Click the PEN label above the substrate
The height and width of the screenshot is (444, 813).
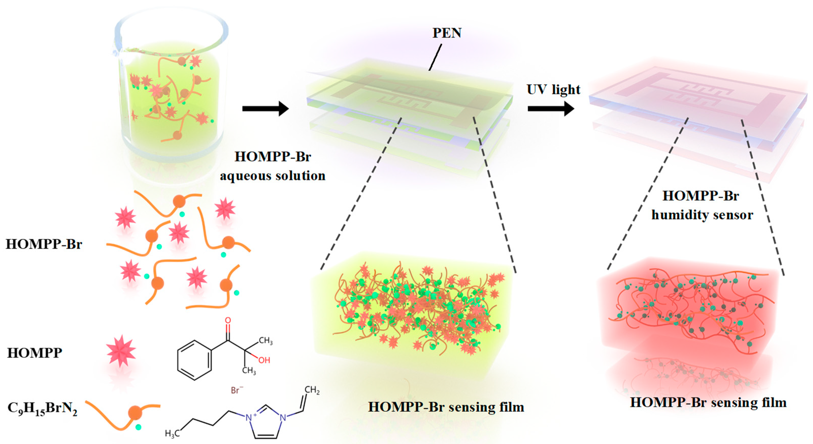click(446, 33)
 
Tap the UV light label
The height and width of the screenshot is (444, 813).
click(553, 90)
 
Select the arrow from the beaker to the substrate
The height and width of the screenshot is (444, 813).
click(265, 109)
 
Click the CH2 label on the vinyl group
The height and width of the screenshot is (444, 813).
click(312, 390)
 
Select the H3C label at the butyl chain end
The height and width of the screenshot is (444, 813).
click(172, 434)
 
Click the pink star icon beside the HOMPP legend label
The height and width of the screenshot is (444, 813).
click(121, 351)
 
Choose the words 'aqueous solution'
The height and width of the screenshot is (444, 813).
click(273, 176)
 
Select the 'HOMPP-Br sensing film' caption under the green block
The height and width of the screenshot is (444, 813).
click(446, 407)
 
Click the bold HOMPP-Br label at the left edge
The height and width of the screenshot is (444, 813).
click(44, 244)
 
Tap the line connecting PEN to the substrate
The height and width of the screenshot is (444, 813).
click(435, 57)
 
